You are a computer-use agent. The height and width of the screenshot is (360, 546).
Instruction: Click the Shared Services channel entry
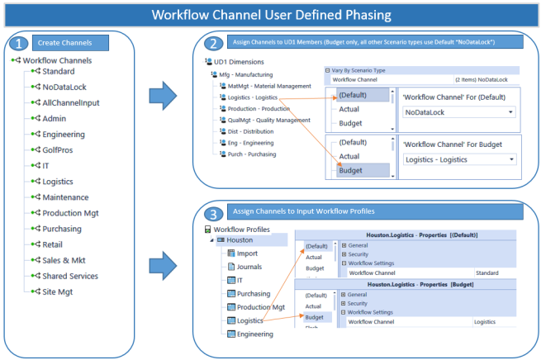tap(76, 276)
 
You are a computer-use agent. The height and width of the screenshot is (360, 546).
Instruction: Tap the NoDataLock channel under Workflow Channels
tap(65, 87)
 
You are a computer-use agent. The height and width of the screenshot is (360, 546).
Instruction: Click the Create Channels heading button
tap(71, 43)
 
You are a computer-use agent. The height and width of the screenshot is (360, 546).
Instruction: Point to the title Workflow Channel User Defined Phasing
tap(273, 14)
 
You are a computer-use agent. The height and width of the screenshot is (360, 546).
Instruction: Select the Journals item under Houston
tap(251, 267)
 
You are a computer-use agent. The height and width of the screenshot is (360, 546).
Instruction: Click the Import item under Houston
tap(249, 253)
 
